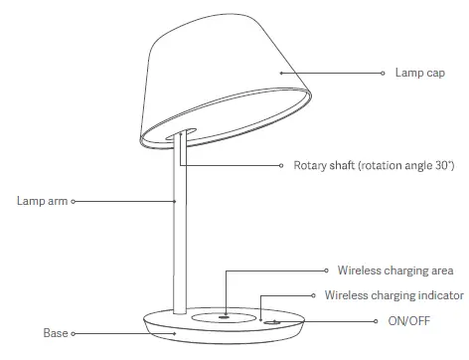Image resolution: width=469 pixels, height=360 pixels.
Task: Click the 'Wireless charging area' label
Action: pyautogui.click(x=394, y=270)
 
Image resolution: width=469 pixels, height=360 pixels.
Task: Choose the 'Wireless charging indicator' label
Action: pyautogui.click(x=394, y=295)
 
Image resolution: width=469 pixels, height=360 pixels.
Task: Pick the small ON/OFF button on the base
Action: pyautogui.click(x=270, y=321)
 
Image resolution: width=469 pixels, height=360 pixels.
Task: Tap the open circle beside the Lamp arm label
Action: pyautogui.click(x=73, y=200)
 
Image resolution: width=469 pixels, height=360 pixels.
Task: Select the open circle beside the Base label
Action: pyautogui.click(x=73, y=334)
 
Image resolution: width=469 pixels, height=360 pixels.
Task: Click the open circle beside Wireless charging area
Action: pyautogui.click(x=327, y=270)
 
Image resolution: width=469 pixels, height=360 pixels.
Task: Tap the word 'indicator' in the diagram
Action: pyautogui.click(x=439, y=295)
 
